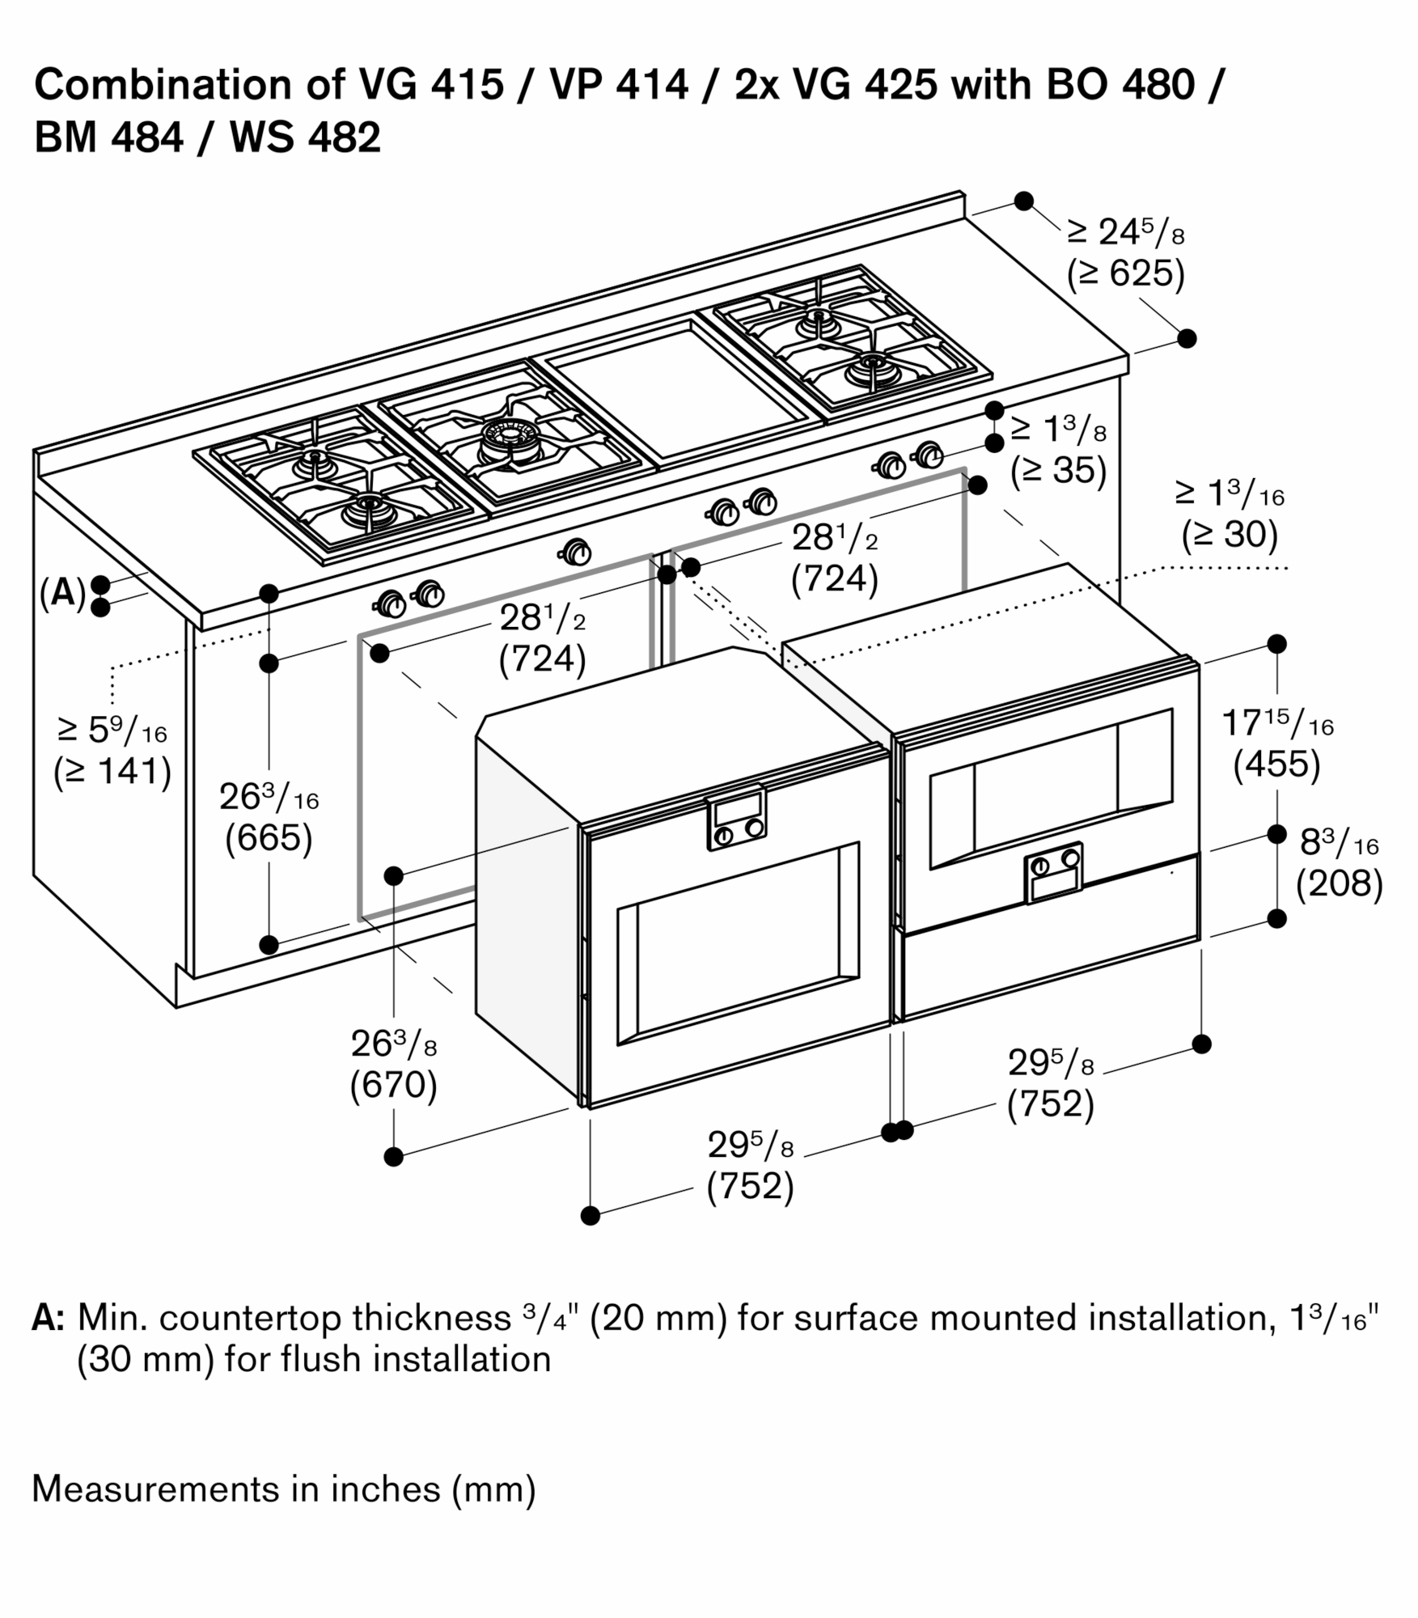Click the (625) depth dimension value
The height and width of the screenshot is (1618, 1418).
1125,274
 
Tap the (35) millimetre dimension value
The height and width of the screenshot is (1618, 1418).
1058,471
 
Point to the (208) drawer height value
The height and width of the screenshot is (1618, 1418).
1339,883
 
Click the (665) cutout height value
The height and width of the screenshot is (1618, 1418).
269,838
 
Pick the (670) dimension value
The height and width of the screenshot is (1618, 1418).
394,1085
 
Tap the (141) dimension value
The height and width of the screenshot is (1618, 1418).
112,772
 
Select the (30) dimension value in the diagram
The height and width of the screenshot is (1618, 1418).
1230,535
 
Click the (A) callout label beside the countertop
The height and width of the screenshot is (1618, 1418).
62,593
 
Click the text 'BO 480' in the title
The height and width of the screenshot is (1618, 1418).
1120,84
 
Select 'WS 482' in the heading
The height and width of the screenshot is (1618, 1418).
305,137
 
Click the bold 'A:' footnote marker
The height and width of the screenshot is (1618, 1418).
49,1318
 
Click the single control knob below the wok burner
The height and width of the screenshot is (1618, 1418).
575,553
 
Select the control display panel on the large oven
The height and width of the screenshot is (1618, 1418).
736,817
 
